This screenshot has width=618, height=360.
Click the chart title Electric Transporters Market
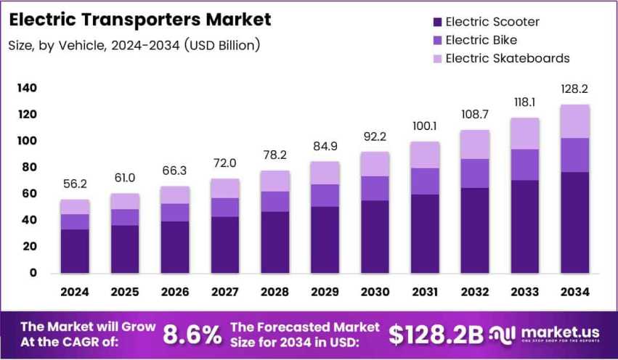pos(139,19)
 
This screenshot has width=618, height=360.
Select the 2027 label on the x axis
pos(224,291)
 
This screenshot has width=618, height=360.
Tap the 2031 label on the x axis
pos(425,291)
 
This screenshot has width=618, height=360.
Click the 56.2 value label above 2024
pos(75,184)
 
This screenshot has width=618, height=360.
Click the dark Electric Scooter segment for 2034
pos(574,222)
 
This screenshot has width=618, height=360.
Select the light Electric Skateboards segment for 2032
pos(474,144)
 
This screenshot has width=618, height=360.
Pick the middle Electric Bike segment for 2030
pos(375,188)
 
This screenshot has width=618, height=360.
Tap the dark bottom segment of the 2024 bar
pos(75,251)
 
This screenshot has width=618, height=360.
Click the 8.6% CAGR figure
pos(192,334)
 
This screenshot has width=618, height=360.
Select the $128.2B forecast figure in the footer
pos(436,334)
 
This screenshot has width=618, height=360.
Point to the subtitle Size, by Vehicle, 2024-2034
pos(134,46)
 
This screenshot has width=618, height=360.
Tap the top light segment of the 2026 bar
pos(175,195)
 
